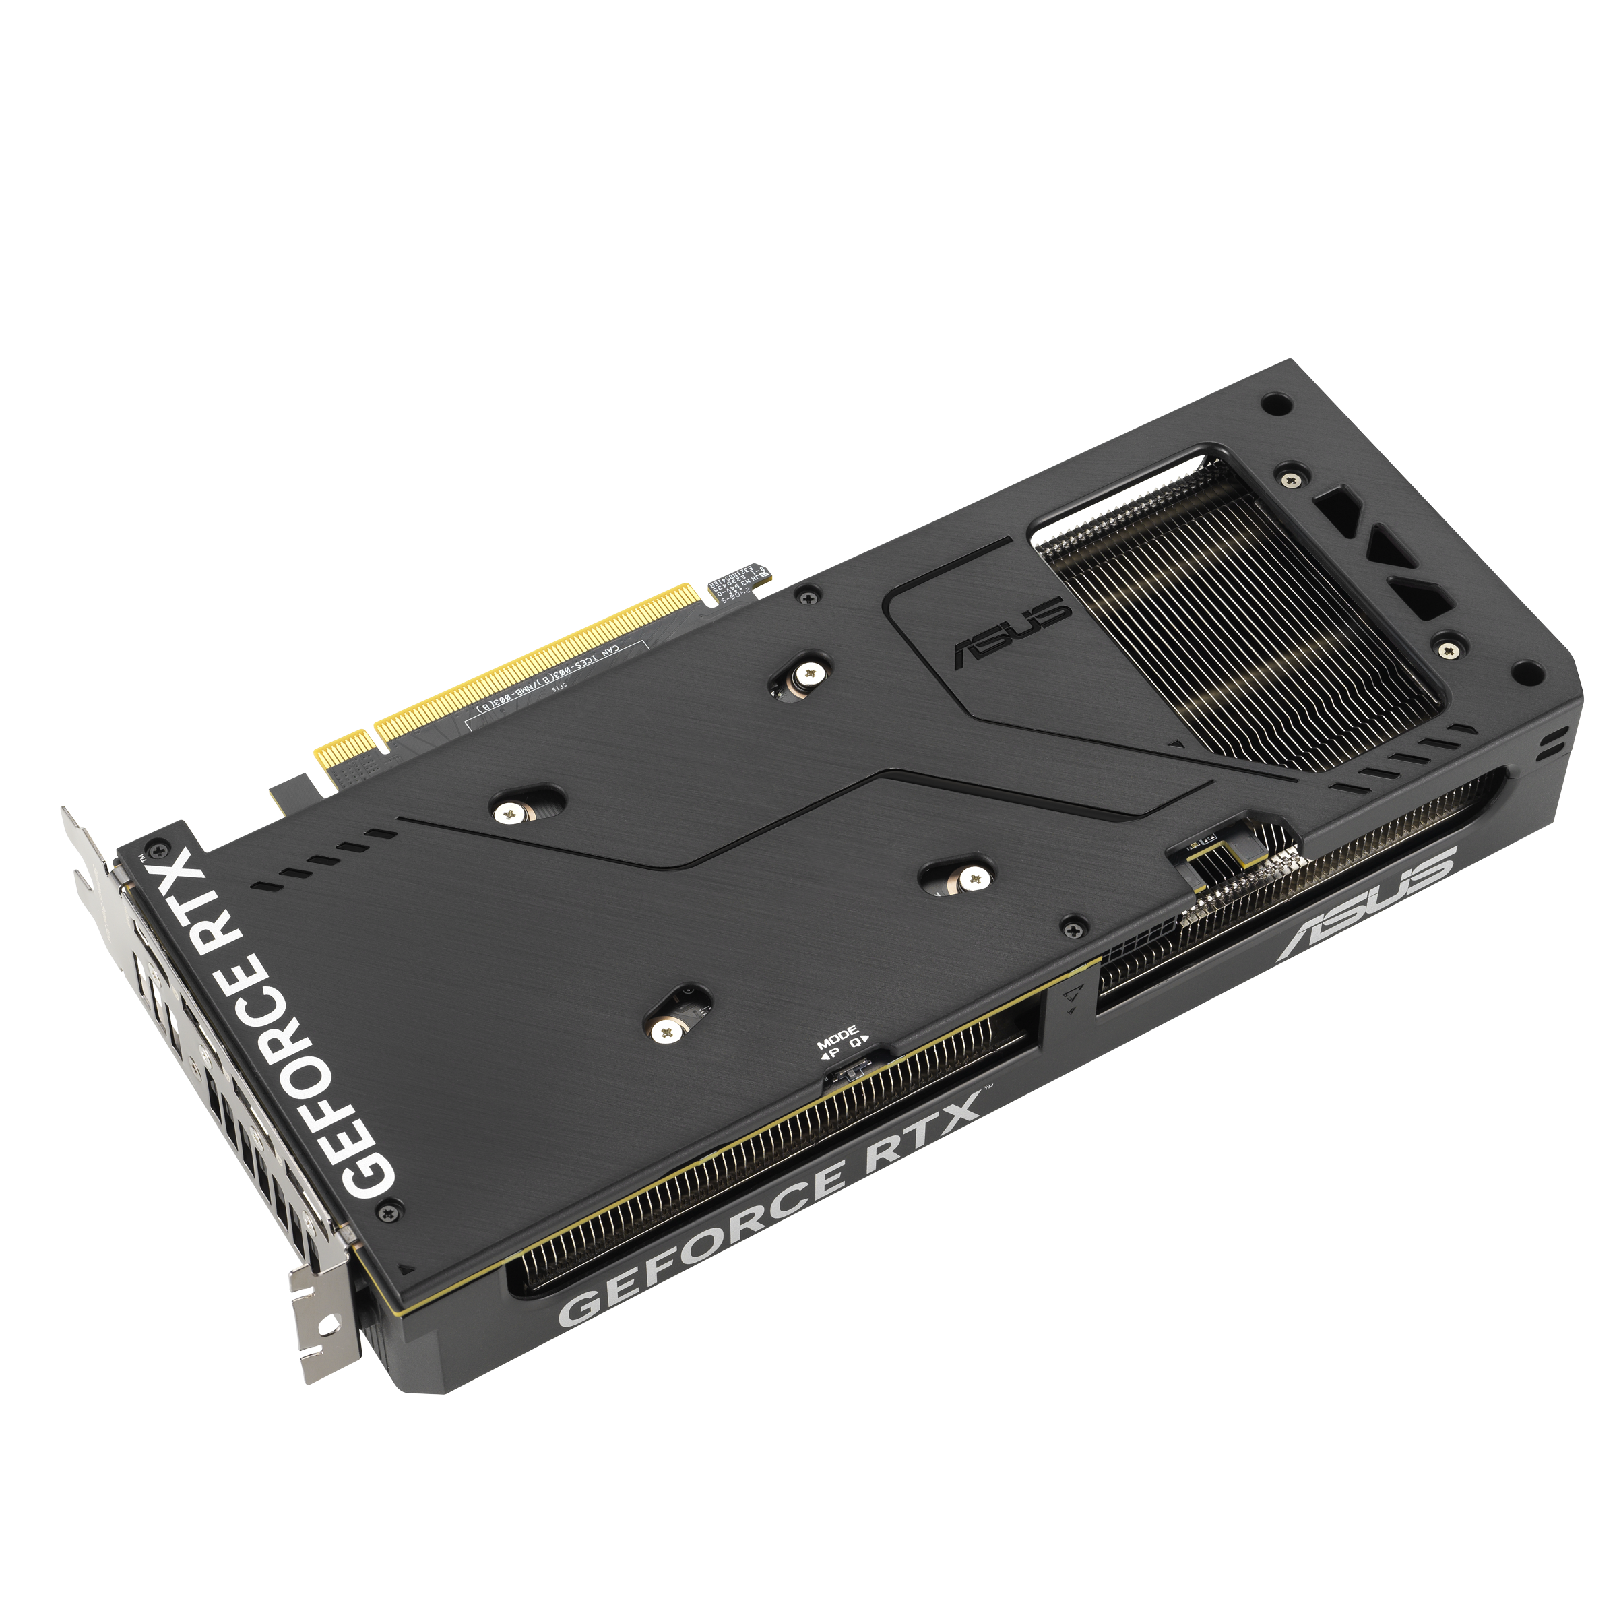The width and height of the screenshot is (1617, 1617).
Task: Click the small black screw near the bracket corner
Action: tap(386, 1211)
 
